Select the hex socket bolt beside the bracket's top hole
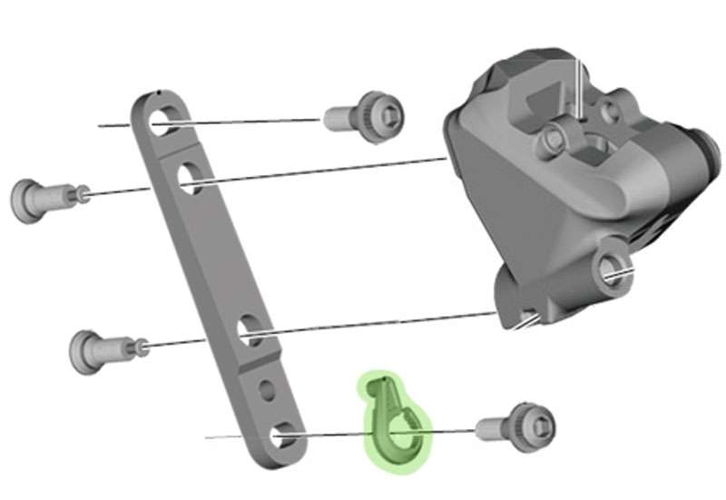[x=367, y=116]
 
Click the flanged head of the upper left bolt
[x=29, y=200]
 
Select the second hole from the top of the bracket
[x=191, y=176]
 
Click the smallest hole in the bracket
[x=267, y=390]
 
